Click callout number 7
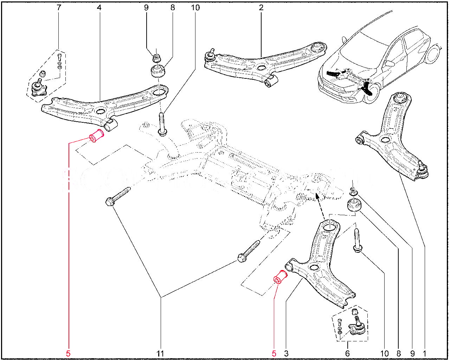click(59, 7)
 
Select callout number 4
click(99, 7)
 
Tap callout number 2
click(261, 7)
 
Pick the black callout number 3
click(286, 353)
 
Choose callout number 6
click(347, 353)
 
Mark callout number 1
click(425, 353)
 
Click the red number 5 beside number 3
click(274, 353)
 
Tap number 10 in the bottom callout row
click(384, 353)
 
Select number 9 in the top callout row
click(146, 7)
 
